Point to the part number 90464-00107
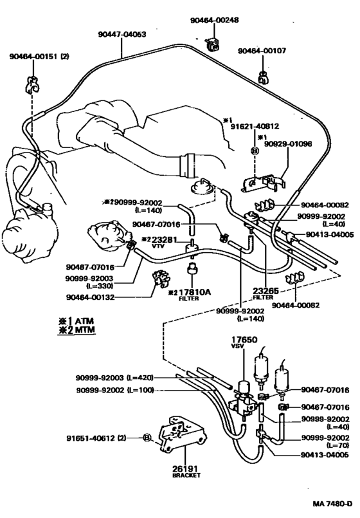pyautogui.click(x=264, y=51)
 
